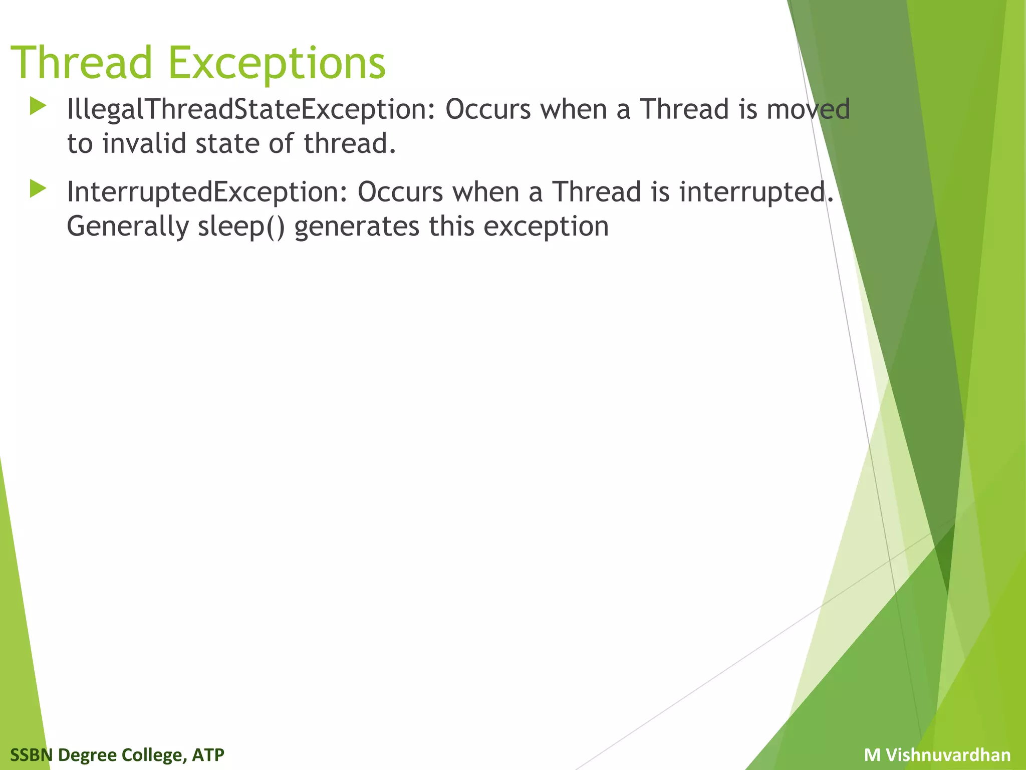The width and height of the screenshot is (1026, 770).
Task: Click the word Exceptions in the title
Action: coord(277,63)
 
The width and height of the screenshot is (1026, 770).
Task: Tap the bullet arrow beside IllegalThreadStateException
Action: coord(38,106)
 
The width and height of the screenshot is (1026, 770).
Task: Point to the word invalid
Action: coord(144,143)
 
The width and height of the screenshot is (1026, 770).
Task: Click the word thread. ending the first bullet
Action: coord(350,143)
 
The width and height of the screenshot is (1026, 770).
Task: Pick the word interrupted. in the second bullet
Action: coord(756,192)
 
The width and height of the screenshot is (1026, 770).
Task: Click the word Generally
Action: coord(127,227)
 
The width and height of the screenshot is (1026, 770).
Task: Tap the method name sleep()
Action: coord(241,227)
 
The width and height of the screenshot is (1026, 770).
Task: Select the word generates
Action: coord(357,227)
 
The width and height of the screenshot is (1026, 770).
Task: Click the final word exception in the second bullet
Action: coord(546,227)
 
